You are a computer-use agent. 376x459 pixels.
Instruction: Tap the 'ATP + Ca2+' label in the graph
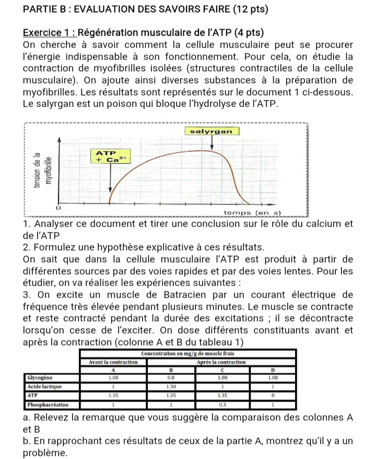(110, 156)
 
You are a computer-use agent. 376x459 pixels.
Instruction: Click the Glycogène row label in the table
(38, 375)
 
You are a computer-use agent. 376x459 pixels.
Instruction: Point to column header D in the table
(271, 368)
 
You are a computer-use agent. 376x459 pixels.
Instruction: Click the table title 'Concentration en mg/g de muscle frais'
(189, 354)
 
